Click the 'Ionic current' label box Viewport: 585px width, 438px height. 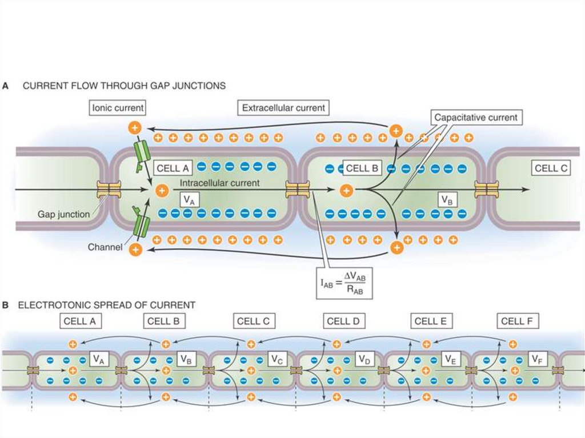[118, 107]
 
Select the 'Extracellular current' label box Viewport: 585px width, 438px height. [283, 107]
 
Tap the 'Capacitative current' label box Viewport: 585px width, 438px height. [475, 118]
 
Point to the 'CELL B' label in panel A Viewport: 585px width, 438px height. [362, 168]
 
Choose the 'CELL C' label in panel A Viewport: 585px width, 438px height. [551, 168]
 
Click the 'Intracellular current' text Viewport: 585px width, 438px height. [220, 183]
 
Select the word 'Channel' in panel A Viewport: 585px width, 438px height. [103, 248]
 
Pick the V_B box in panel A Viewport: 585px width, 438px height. [447, 199]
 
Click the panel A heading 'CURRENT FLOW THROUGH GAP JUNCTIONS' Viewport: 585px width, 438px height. [124, 86]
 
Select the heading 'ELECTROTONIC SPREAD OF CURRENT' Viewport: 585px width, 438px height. [107, 305]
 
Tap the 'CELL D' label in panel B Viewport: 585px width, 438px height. [343, 321]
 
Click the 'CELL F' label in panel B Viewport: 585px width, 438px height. [516, 321]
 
